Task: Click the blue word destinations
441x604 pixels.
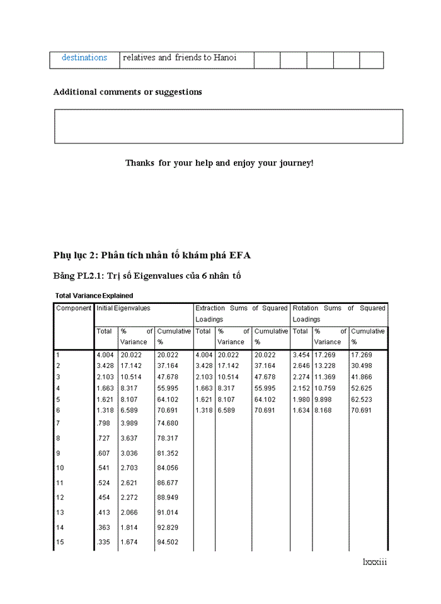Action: (84, 58)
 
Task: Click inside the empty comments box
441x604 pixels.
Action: (228, 126)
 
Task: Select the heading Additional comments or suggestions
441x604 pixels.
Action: (127, 92)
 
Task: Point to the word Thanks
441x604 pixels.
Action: (139, 163)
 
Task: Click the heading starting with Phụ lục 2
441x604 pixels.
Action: (152, 255)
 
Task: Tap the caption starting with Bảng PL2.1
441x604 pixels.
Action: (147, 276)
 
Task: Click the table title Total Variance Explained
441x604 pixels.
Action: (94, 296)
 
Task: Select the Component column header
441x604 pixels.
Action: (74, 308)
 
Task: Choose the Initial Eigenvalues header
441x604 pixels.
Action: (123, 308)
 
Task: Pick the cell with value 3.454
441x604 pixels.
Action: (301, 355)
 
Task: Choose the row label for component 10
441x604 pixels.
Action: (60, 468)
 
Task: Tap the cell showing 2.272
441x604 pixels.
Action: (130, 498)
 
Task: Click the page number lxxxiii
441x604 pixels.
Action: (374, 562)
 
